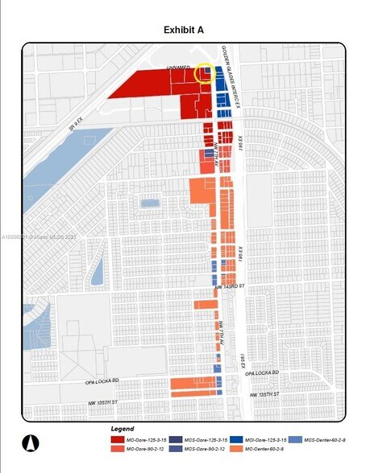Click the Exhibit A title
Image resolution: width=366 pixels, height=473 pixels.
tap(183, 30)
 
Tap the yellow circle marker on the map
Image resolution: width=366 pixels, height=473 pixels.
tap(206, 74)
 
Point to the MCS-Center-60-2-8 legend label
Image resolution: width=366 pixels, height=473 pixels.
tap(330, 439)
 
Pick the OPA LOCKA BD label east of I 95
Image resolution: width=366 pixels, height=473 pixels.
tap(261, 373)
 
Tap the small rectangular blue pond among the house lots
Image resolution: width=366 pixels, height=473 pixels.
tap(150, 204)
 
